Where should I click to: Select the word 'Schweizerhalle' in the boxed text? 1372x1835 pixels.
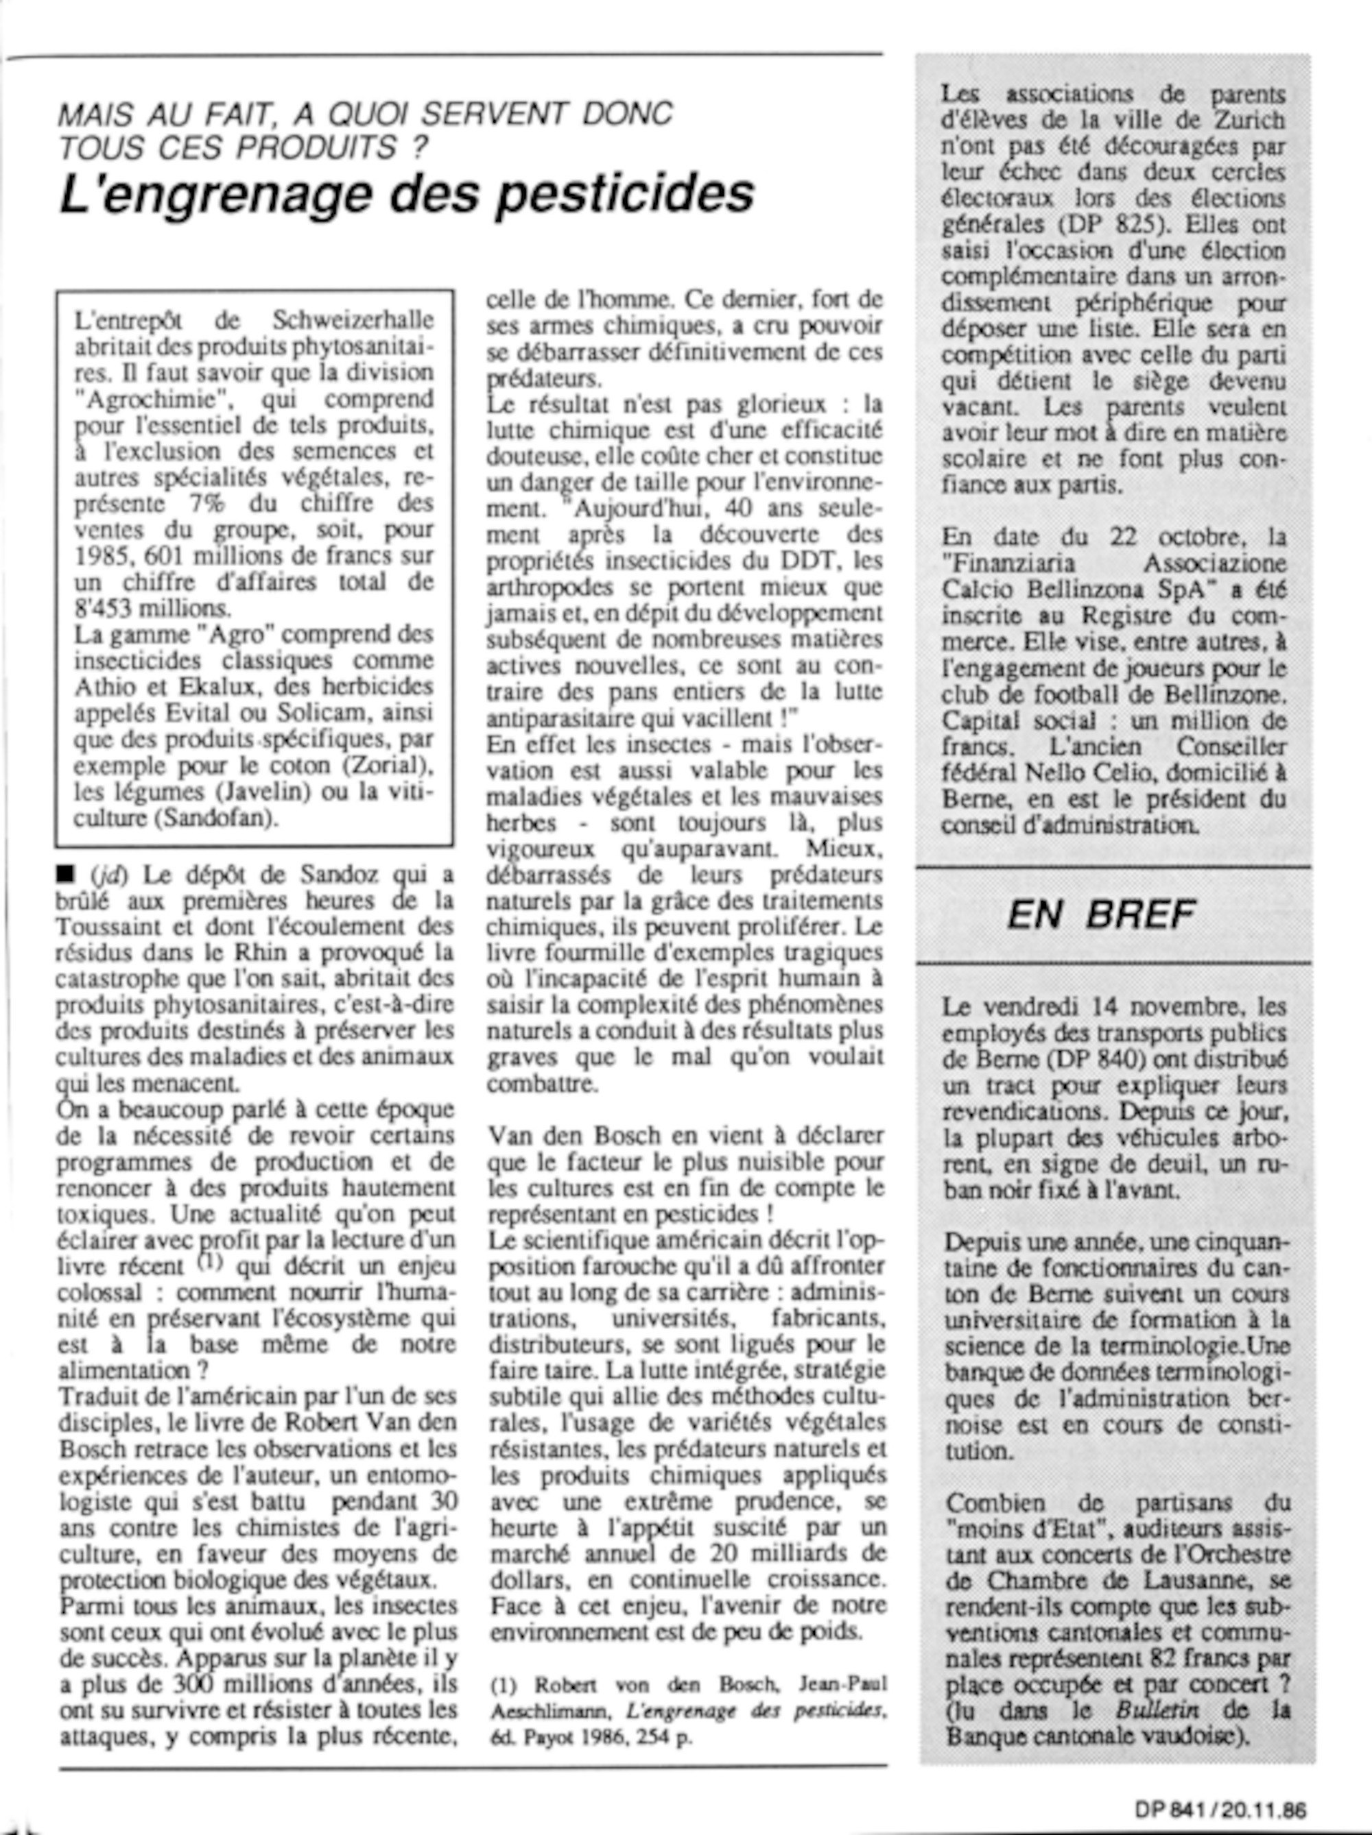(353, 320)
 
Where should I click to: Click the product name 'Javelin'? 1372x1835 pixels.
(248, 792)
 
